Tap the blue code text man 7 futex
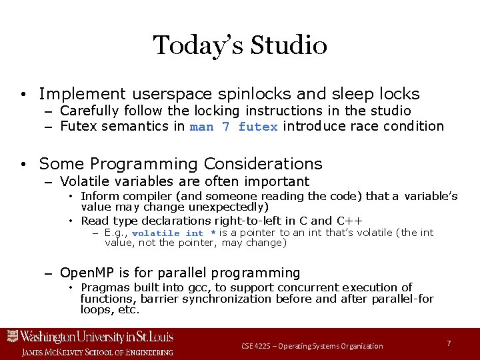tap(233, 127)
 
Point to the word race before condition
tap(361, 126)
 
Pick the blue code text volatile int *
tap(174, 233)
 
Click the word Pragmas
tap(103, 287)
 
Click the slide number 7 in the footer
tap(449, 343)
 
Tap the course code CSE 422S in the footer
tap(259, 346)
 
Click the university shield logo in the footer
tap(12, 337)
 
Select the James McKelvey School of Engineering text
tap(97, 352)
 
